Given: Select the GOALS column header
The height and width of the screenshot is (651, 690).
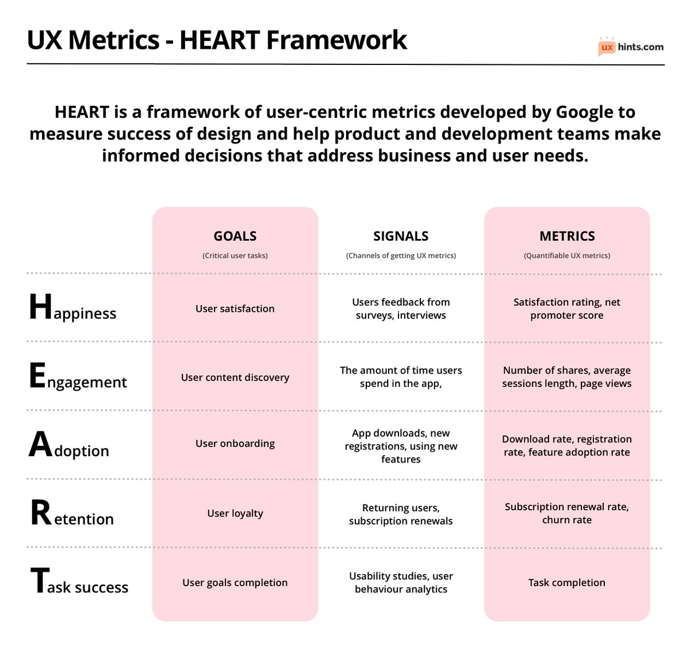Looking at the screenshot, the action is tap(235, 236).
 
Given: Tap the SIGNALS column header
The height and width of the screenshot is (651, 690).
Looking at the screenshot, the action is tap(401, 236).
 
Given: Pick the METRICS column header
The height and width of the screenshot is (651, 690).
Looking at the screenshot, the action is tap(567, 236).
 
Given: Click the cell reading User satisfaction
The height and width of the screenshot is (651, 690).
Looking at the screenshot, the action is tap(235, 309).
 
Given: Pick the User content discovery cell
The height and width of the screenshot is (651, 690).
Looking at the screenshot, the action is tap(235, 377).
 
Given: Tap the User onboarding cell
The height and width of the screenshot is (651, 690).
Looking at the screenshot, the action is tap(235, 444).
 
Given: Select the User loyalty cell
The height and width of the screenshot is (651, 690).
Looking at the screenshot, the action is tap(235, 513).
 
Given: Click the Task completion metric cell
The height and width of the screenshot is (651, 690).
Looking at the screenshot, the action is tap(567, 583).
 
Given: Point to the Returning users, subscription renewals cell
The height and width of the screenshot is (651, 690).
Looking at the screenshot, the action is tap(401, 514).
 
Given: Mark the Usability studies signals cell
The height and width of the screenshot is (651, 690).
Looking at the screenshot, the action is tap(401, 583).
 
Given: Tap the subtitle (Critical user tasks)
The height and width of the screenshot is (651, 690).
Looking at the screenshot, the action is tap(235, 256).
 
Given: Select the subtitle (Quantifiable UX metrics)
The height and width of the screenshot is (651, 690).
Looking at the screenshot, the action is tap(567, 256).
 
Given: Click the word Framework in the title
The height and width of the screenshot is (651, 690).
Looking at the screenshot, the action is tap(336, 40).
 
